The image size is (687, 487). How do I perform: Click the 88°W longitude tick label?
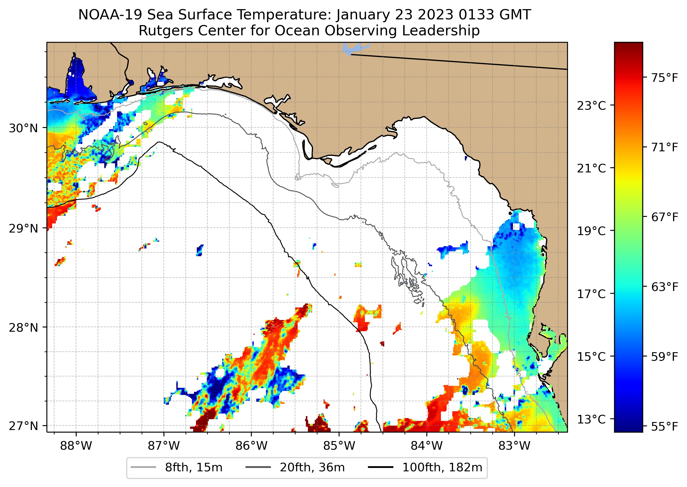pyautogui.click(x=76, y=446)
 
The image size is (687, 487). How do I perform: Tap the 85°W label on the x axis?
pyautogui.click(x=339, y=446)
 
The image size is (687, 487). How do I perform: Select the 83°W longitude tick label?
pyautogui.click(x=514, y=446)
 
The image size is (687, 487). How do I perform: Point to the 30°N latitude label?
pyautogui.click(x=23, y=128)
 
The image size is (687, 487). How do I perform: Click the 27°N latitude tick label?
pyautogui.click(x=23, y=426)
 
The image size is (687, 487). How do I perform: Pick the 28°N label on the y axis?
pyautogui.click(x=23, y=328)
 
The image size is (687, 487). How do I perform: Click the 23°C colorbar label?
pyautogui.click(x=591, y=106)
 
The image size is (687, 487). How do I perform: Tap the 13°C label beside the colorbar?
pyautogui.click(x=591, y=419)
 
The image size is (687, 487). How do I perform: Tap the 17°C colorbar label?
pyautogui.click(x=591, y=294)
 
